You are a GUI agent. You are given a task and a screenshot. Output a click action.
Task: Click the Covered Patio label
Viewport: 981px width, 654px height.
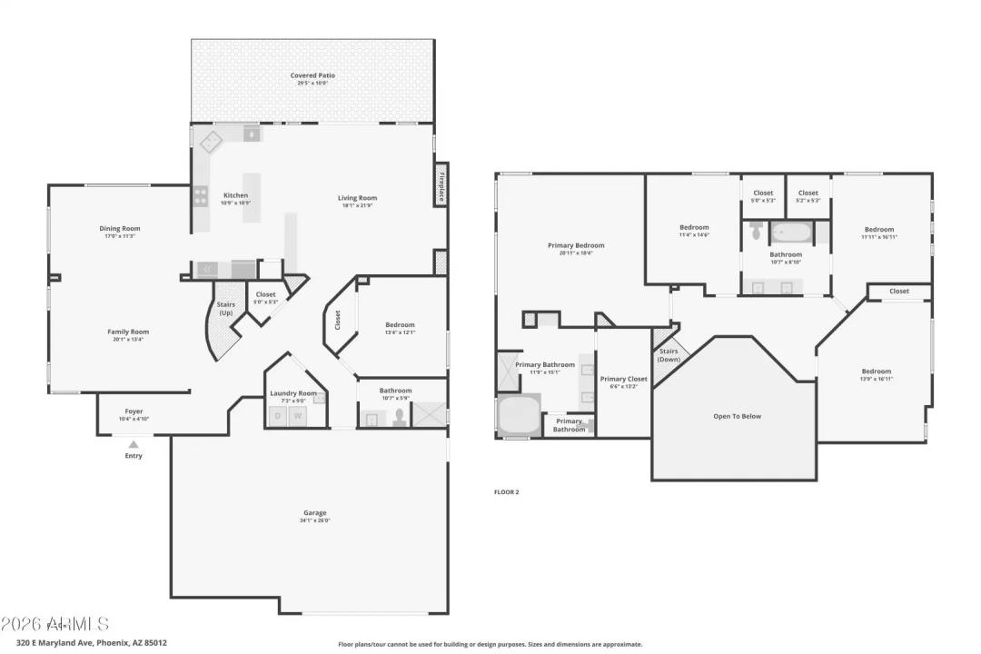pos(312,75)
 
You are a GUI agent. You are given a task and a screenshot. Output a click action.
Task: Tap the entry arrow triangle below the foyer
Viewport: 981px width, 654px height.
pos(134,444)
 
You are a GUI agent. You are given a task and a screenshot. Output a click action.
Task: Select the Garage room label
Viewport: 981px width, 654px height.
pos(315,513)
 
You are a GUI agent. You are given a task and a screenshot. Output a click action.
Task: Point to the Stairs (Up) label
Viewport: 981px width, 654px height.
pos(224,308)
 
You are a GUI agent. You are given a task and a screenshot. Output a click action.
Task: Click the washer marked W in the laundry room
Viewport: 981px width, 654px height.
pos(297,417)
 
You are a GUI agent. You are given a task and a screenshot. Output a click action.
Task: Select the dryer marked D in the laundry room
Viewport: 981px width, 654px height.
pos(279,417)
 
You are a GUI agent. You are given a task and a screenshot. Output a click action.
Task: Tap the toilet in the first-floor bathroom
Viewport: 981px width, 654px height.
pos(398,417)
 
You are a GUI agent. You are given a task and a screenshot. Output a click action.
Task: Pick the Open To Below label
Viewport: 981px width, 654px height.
pos(737,416)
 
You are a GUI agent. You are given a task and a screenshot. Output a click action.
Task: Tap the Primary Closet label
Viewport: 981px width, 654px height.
pos(624,379)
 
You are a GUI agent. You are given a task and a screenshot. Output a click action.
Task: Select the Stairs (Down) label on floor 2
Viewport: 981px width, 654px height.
pos(669,354)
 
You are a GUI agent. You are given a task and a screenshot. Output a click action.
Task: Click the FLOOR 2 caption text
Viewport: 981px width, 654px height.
pos(506,491)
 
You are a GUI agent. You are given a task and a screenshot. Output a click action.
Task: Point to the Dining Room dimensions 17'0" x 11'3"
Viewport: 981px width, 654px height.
pos(120,236)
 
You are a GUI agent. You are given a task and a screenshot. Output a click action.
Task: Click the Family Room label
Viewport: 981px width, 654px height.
pos(127,332)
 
